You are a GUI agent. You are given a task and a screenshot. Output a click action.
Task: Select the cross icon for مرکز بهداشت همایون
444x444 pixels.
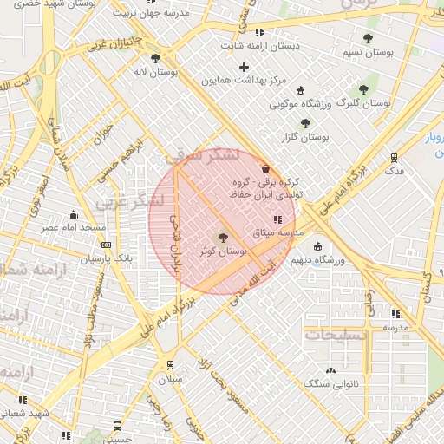point(245,67)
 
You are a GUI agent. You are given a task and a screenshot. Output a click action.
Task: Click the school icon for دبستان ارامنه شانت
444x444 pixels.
point(258,33)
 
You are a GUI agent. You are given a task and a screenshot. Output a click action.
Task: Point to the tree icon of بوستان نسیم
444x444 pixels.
point(368,39)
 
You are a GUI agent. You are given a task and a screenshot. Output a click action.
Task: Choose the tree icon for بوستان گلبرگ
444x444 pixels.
point(364,89)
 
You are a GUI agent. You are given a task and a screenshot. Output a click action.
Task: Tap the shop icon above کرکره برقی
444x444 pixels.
point(264,169)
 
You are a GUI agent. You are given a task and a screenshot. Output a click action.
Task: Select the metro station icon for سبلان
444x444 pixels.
point(170,365)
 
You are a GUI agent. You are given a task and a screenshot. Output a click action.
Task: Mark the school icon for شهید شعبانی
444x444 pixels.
point(23,400)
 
